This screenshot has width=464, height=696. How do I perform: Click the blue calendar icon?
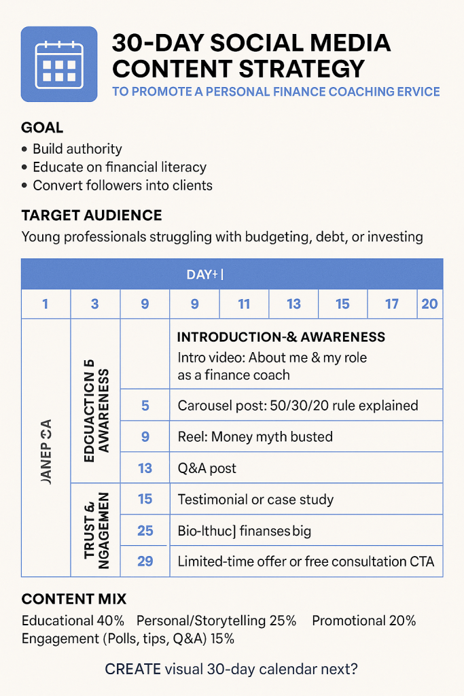point(59,64)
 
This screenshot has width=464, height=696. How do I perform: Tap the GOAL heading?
point(42,127)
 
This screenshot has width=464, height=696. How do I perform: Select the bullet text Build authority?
point(77,149)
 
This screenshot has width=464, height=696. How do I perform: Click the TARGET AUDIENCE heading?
point(92,215)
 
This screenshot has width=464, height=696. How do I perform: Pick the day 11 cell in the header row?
point(244,304)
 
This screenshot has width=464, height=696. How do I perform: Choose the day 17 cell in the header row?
point(392,304)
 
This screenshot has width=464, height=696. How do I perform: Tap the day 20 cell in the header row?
point(429,304)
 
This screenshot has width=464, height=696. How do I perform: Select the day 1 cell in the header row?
point(46,304)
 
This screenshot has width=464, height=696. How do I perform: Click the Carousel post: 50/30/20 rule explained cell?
point(298,406)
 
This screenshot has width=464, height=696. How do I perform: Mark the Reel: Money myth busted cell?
point(255,436)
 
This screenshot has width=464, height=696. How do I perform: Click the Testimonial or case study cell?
point(255,500)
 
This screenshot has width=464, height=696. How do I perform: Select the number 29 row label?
point(145,561)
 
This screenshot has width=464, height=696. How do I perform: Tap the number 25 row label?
point(145,530)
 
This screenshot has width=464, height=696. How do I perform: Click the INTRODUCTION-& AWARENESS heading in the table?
point(281,337)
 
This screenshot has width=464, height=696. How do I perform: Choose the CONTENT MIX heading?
point(74,599)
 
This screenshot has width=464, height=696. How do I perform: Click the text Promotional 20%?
point(364,621)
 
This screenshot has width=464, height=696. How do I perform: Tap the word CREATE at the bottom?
point(133,669)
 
